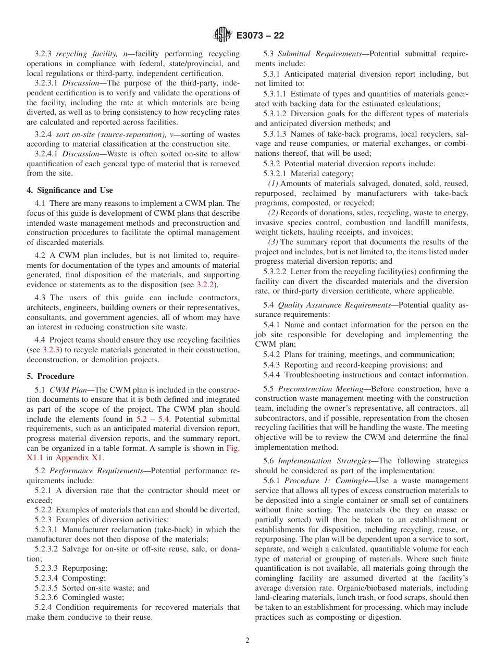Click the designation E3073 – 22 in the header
click(259, 36)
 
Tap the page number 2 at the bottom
click(247, 641)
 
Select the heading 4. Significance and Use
click(70, 190)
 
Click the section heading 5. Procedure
click(51, 376)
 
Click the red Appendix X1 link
click(79, 458)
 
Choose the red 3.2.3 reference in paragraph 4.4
click(51, 350)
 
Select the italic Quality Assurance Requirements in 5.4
click(334, 305)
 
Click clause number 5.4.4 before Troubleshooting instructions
click(271, 374)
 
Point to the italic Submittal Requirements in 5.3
click(320, 54)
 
